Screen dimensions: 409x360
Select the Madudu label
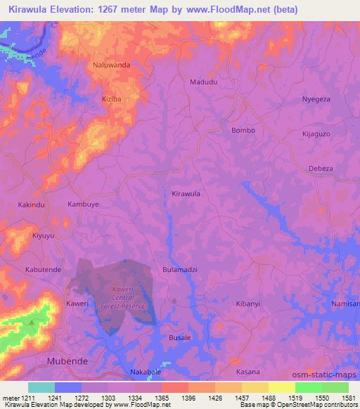204,82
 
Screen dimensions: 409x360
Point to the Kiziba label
112,100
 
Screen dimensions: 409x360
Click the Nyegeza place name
316,100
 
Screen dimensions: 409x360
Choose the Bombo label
243,131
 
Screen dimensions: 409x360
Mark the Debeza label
321,169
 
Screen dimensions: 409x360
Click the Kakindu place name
31,204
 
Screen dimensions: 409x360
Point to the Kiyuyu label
43,236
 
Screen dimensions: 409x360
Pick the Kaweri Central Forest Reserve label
127,298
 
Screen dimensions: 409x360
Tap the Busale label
180,338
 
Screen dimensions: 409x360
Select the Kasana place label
247,372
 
